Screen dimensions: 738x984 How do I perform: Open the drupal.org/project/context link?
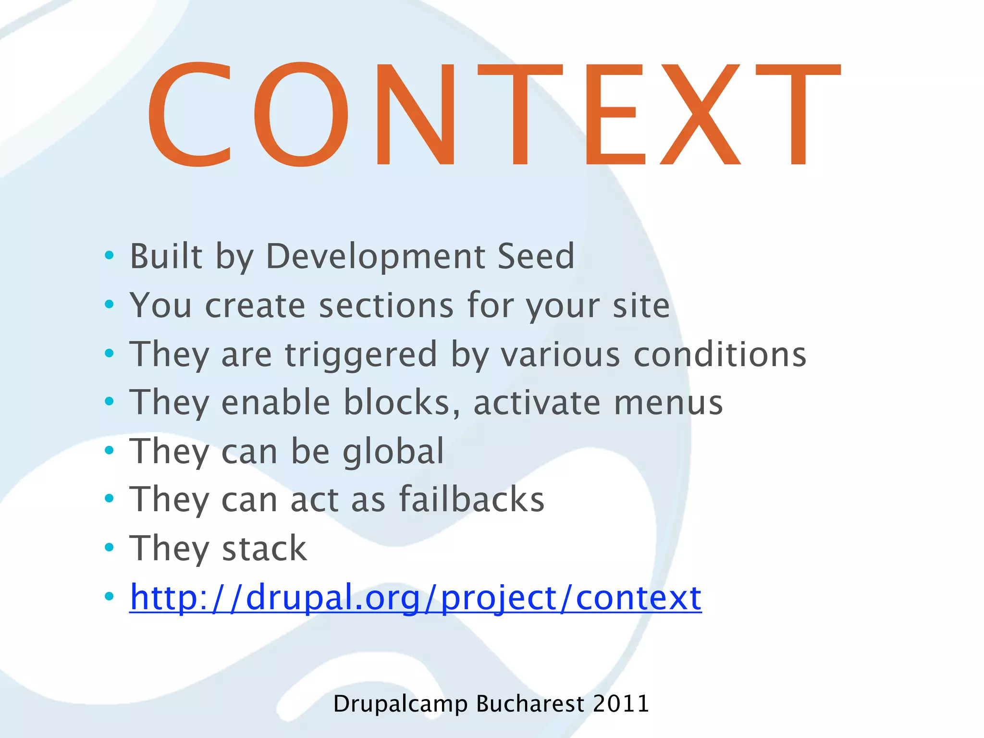[416, 597]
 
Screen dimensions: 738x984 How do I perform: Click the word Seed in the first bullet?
[536, 256]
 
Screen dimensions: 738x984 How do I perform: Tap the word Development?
[375, 257]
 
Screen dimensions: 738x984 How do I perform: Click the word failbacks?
[472, 500]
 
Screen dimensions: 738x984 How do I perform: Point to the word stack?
[264, 549]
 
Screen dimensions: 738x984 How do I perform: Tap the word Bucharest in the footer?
[530, 704]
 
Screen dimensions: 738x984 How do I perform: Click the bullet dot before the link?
[110, 597]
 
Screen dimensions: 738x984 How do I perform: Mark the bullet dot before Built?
[110, 255]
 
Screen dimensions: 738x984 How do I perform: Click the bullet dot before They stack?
[110, 547]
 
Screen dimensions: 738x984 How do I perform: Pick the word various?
[560, 355]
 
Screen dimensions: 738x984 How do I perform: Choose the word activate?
[537, 403]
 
